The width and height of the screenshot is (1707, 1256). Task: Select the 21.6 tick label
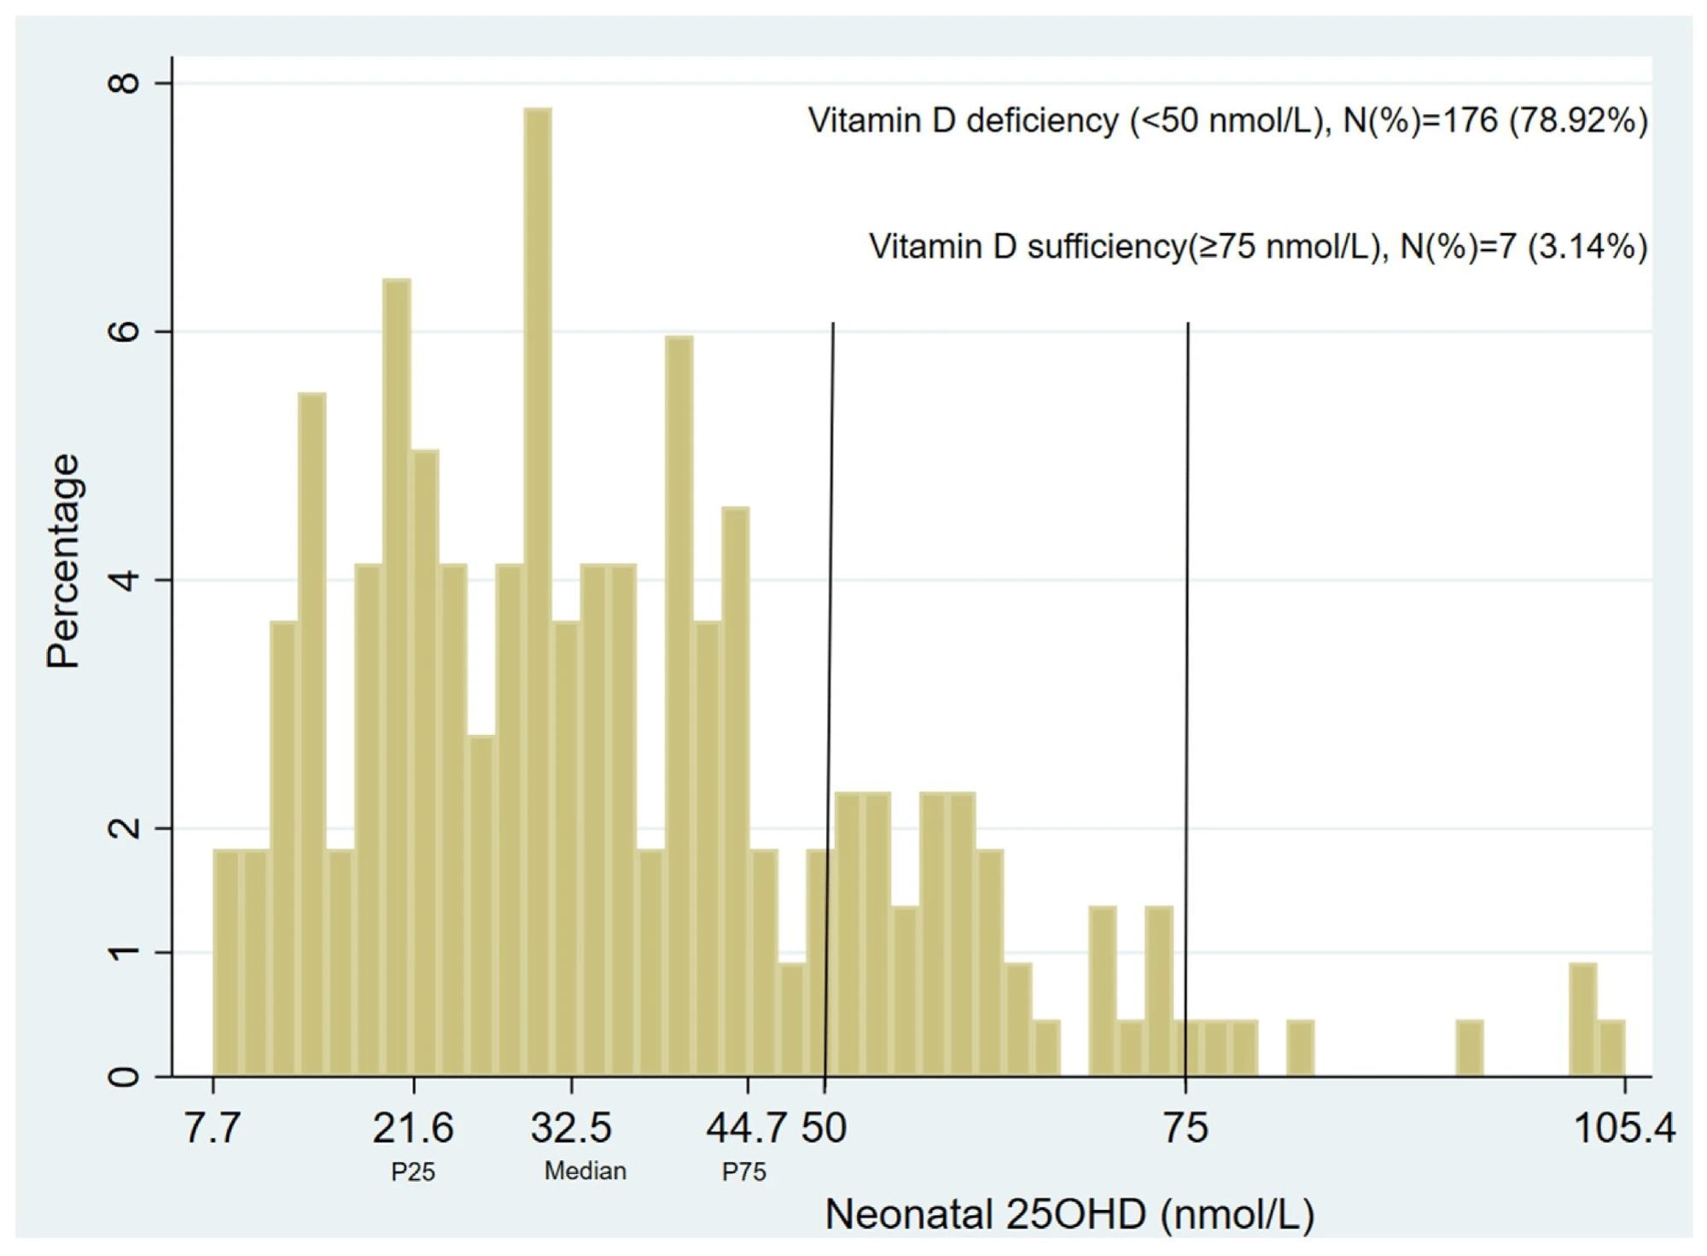tap(413, 1128)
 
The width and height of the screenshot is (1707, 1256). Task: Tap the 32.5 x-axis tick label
tap(571, 1128)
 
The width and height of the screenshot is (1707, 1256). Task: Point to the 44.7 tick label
tap(745, 1128)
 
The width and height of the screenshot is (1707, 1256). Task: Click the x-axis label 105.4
tap(1623, 1128)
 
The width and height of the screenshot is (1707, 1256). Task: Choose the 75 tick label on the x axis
tap(1186, 1128)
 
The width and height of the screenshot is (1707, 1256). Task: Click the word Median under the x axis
tap(586, 1171)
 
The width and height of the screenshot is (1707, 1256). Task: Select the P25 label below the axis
tap(413, 1172)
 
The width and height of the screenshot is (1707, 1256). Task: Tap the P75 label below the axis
tap(744, 1172)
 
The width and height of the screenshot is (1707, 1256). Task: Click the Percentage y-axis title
tap(64, 561)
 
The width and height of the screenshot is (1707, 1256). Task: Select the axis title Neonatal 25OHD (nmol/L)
tap(1069, 1214)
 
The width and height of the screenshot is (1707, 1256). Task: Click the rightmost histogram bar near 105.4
tap(1611, 1048)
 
